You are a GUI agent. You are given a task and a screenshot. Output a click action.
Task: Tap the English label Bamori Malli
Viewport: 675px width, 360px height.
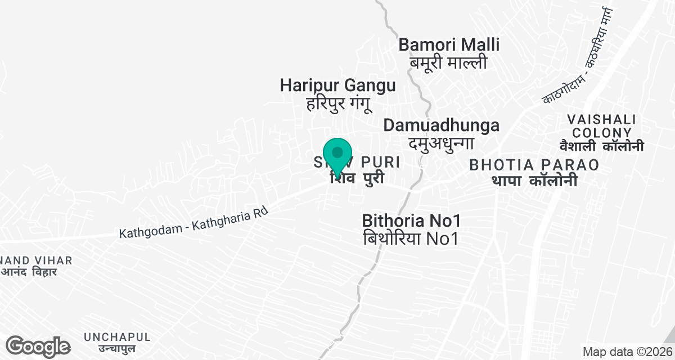449,44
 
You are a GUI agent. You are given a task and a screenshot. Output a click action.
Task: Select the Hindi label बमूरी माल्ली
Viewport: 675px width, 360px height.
448,62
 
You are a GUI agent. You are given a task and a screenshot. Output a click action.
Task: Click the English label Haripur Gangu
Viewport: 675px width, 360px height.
337,85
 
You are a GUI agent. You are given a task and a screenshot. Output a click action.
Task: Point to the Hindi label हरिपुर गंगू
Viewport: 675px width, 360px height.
337,104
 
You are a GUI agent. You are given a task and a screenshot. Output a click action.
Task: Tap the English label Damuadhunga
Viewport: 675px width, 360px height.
442,125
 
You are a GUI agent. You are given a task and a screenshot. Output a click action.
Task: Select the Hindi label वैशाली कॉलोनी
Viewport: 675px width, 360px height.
601,146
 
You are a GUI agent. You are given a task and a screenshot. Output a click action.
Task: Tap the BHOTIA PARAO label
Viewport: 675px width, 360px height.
534,165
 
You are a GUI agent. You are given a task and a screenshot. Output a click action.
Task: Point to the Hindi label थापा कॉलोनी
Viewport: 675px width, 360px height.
534,181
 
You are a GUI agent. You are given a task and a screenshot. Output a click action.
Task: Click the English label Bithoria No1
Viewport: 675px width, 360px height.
412,220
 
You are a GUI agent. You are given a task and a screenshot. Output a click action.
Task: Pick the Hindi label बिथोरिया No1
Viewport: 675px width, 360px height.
412,238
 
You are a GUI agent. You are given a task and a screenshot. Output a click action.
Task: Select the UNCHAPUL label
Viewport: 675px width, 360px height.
117,337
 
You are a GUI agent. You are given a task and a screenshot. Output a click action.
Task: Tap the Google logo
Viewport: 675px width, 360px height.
38,346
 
